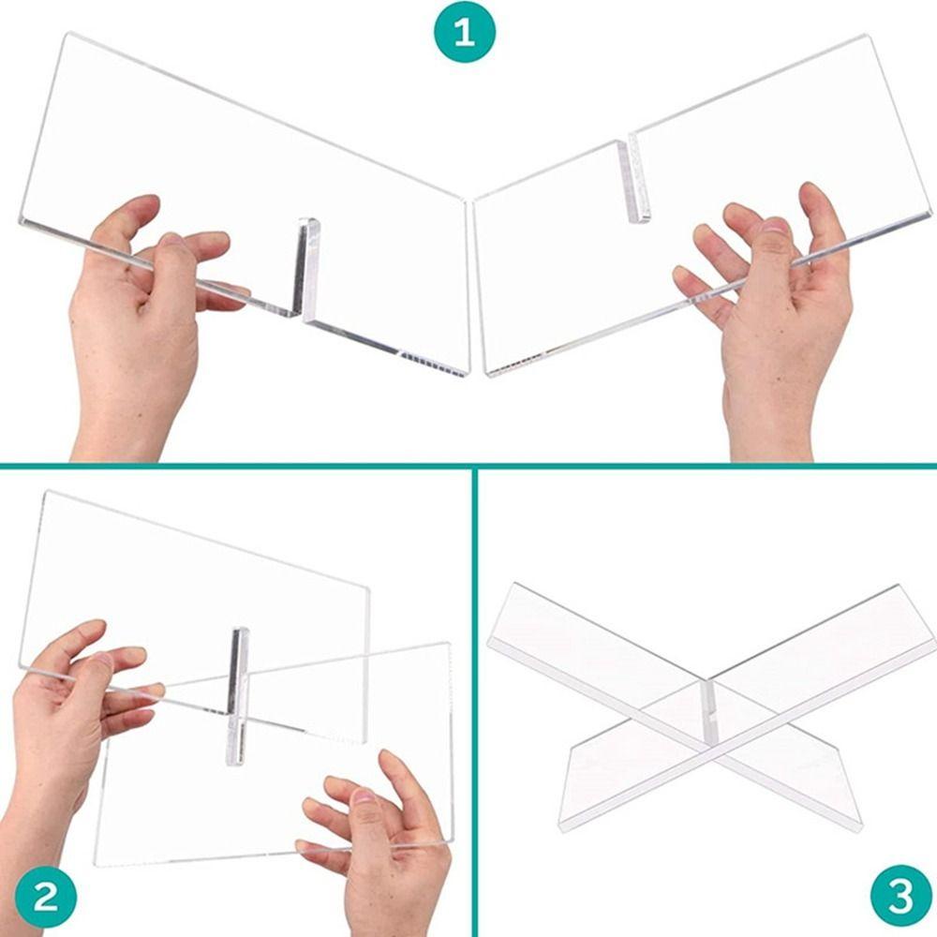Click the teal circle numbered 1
(x=465, y=32)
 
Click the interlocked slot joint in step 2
(x=237, y=696)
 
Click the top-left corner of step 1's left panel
(x=66, y=34)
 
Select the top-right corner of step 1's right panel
(x=867, y=36)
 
